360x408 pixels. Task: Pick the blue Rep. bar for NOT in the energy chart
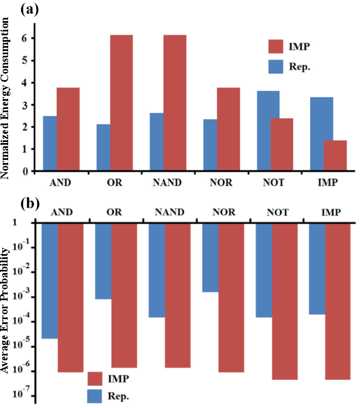(x=268, y=131)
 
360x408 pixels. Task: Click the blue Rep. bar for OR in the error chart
(x=103, y=260)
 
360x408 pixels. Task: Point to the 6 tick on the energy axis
(x=25, y=38)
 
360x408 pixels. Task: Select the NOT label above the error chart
(x=276, y=213)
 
